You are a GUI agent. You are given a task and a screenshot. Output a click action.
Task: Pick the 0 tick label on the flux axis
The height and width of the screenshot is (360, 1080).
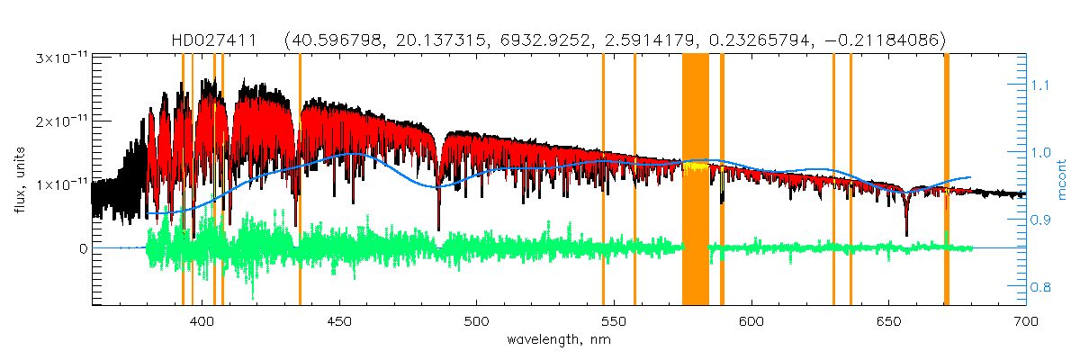pyautogui.click(x=84, y=247)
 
